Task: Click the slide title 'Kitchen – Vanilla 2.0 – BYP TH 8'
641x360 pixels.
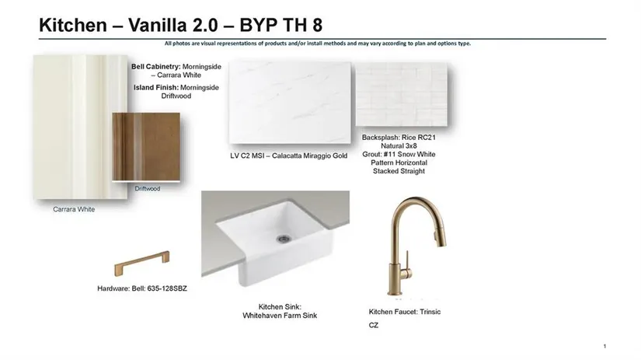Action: click(181, 25)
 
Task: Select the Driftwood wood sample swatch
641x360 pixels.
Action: click(146, 146)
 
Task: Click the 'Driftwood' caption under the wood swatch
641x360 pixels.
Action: click(147, 189)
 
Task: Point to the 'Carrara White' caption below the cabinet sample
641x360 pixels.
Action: click(74, 209)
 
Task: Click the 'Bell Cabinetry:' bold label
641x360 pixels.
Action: click(155, 66)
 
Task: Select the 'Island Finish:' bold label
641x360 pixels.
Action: click(155, 88)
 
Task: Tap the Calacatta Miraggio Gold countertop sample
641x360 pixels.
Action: click(290, 103)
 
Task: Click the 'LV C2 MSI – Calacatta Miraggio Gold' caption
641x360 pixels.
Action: click(288, 156)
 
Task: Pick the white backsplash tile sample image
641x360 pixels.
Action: click(402, 94)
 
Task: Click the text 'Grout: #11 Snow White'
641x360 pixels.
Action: click(399, 154)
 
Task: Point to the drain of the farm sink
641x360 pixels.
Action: click(284, 238)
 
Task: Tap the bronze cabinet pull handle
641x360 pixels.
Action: click(141, 263)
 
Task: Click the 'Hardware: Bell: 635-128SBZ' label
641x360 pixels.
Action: click(142, 288)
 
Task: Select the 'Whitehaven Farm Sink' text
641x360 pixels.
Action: click(280, 316)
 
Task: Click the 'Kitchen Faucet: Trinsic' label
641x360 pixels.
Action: click(405, 312)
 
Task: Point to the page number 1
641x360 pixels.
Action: click(604, 346)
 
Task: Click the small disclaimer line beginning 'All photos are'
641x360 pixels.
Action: click(318, 44)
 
